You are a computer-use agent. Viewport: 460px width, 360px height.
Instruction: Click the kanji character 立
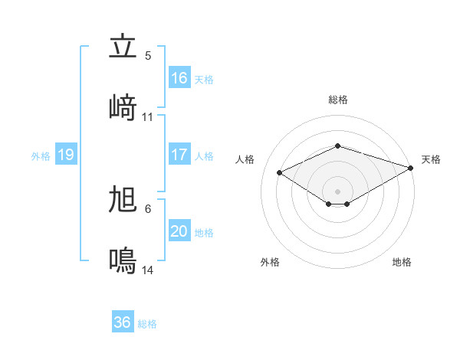click(123, 47)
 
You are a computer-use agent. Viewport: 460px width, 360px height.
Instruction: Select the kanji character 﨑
click(123, 107)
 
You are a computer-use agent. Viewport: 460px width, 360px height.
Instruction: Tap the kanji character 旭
click(123, 201)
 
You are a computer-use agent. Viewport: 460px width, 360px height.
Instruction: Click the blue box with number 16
click(179, 78)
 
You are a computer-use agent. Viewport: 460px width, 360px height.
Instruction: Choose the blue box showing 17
click(179, 155)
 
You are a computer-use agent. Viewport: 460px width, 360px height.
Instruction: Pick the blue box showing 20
click(179, 232)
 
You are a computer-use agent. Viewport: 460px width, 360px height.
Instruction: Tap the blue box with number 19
click(65, 155)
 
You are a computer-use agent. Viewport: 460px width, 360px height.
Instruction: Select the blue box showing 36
click(123, 322)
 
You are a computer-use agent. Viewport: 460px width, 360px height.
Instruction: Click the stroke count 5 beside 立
click(148, 56)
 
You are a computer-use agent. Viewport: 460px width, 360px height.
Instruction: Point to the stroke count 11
click(148, 117)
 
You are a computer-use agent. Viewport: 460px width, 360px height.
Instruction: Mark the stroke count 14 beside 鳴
click(148, 270)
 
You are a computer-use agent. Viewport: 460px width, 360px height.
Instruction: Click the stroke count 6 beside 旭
click(148, 209)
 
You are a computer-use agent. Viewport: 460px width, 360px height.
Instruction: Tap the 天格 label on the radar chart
click(431, 159)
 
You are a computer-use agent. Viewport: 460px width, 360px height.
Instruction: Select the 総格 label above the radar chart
click(338, 100)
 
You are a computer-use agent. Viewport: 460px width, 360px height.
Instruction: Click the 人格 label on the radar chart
click(245, 159)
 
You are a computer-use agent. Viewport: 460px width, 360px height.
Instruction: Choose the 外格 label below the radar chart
click(270, 262)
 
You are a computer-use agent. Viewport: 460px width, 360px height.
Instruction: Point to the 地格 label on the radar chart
click(402, 262)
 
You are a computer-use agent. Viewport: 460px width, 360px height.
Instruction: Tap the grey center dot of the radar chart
click(338, 191)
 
